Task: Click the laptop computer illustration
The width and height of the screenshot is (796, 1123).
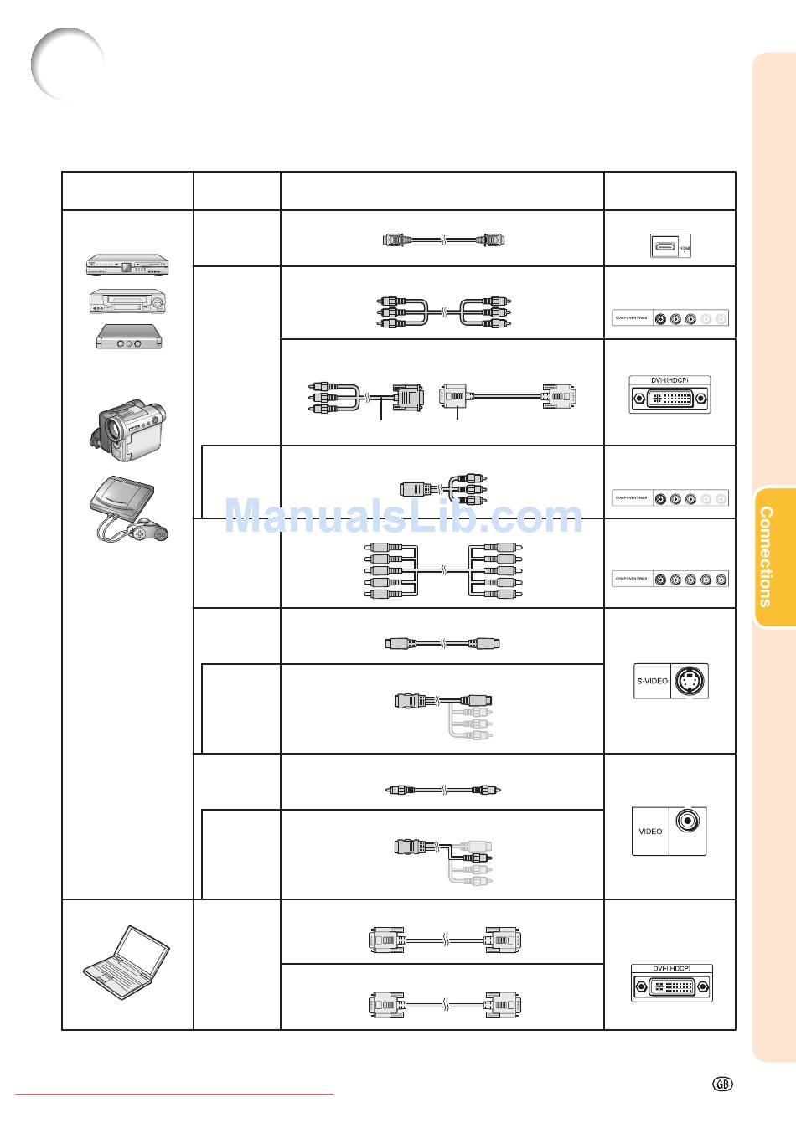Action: pos(126,963)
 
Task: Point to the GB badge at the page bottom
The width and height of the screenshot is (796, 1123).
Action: pos(722,1084)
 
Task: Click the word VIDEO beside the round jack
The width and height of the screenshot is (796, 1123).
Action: pos(650,832)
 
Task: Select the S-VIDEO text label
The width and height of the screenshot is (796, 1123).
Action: pos(651,681)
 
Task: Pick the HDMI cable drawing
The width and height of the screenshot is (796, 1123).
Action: pos(444,240)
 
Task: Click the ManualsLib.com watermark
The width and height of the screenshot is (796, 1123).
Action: pos(404,516)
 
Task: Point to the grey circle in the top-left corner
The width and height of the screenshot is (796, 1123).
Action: pos(67,64)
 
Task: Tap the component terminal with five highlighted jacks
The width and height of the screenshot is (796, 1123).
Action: pos(670,580)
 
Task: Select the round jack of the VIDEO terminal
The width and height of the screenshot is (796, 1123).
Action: pos(688,822)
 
